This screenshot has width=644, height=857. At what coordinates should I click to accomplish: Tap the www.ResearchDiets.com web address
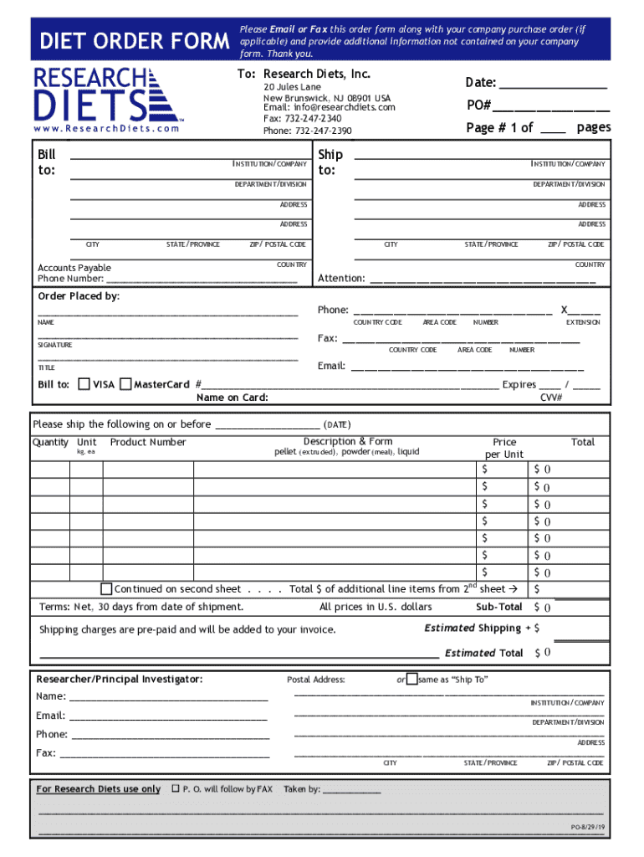click(107, 129)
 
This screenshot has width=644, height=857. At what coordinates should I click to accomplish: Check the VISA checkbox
click(84, 385)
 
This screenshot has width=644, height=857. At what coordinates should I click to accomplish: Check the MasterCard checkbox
click(125, 385)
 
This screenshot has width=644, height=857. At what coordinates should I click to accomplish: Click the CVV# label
click(551, 398)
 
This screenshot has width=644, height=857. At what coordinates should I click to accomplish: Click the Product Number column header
click(148, 443)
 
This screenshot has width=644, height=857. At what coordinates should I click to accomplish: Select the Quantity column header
click(50, 443)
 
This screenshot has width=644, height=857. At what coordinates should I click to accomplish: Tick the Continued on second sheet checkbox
click(106, 588)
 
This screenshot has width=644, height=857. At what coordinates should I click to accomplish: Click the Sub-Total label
click(498, 607)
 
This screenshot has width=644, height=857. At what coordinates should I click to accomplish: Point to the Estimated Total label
click(484, 653)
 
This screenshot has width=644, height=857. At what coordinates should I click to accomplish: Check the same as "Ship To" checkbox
click(411, 680)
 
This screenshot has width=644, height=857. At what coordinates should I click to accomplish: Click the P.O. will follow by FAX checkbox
click(175, 788)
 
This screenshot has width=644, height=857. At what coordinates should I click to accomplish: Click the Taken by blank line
click(351, 790)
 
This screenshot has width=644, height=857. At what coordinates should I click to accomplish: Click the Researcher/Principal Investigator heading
click(119, 679)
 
